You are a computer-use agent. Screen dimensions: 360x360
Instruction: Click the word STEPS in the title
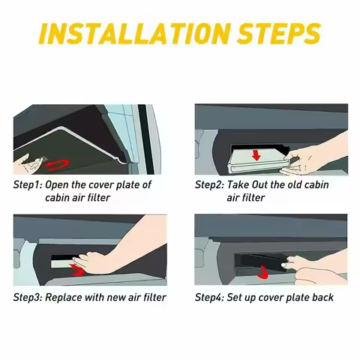point(278,33)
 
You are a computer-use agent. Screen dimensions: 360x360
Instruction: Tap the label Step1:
point(28,185)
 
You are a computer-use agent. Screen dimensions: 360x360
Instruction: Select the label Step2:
point(209,185)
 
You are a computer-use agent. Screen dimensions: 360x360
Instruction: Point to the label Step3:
point(28,298)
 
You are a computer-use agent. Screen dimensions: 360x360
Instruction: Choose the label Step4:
point(209,298)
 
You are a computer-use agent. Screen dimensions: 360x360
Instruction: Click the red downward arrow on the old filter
point(256,155)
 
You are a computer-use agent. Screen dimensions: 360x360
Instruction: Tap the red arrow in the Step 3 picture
point(76,270)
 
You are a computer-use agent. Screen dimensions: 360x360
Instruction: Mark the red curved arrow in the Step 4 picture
point(262,273)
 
